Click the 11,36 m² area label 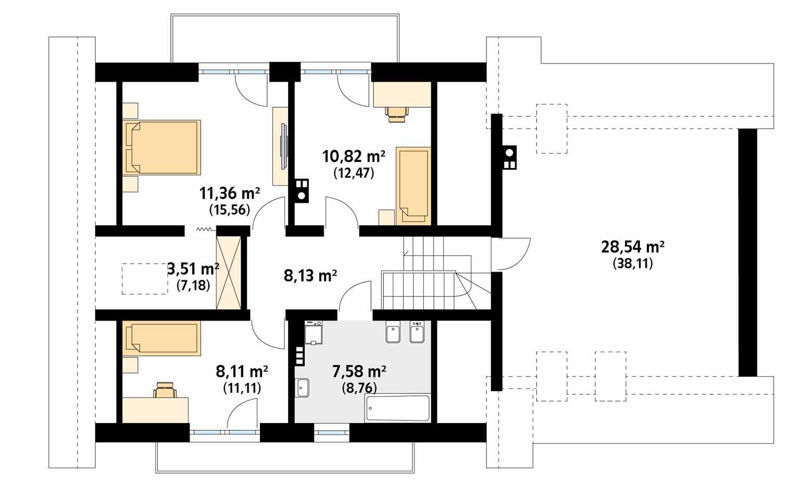(x=229, y=194)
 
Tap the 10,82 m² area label (x=354, y=156)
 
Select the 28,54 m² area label (x=632, y=247)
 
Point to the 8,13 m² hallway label (x=310, y=276)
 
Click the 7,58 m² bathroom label (x=359, y=372)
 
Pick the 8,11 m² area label (x=242, y=372)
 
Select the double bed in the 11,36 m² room (x=162, y=148)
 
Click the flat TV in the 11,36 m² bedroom (x=283, y=146)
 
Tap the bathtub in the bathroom (x=397, y=408)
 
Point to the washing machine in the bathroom (x=314, y=332)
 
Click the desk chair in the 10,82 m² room (x=397, y=113)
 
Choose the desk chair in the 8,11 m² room (x=165, y=390)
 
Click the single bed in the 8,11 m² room (x=162, y=338)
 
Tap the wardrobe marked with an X (x=229, y=272)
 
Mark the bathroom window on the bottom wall (x=332, y=431)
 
